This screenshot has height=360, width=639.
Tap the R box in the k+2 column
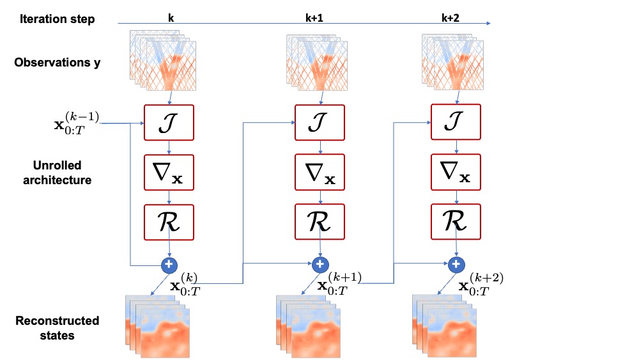click(x=456, y=221)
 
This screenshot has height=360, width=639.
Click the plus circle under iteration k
click(x=169, y=263)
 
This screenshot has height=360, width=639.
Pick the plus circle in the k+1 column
click(x=320, y=263)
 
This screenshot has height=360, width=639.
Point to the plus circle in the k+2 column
click(x=456, y=263)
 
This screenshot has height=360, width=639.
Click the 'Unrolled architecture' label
click(x=57, y=173)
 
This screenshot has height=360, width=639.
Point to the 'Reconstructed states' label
click(x=57, y=327)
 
